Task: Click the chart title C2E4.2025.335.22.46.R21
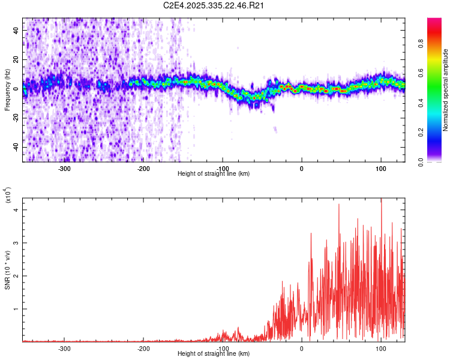pyautogui.click(x=214, y=5)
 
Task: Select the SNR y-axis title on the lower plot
pyautogui.click(x=7, y=270)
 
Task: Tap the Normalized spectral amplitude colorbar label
pyautogui.click(x=445, y=90)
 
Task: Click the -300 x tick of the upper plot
pyautogui.click(x=64, y=168)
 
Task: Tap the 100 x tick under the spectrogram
pyautogui.click(x=381, y=168)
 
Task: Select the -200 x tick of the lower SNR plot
pyautogui.click(x=143, y=348)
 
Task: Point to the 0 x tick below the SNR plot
pyautogui.click(x=302, y=348)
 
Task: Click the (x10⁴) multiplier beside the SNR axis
pyautogui.click(x=8, y=195)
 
